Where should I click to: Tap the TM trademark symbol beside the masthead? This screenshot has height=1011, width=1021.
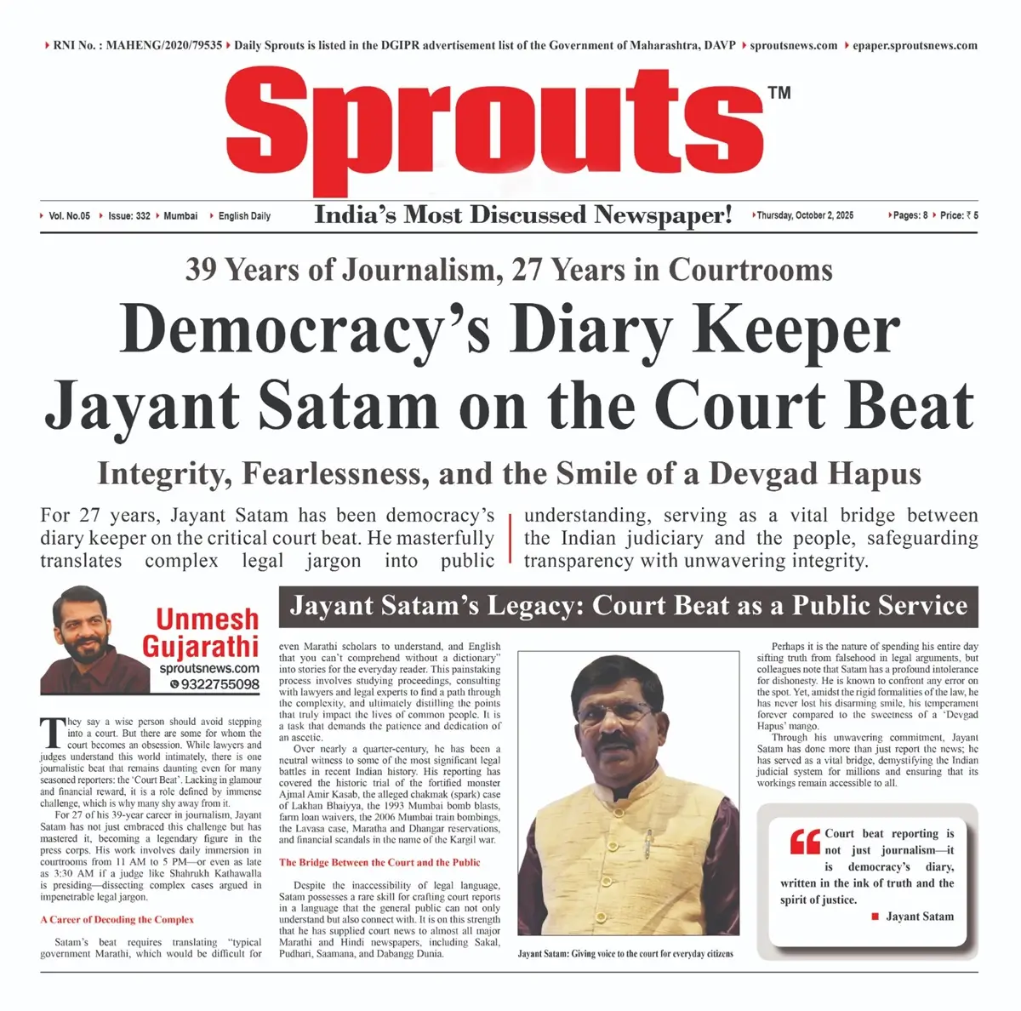(779, 93)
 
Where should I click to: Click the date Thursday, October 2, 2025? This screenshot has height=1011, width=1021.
(805, 215)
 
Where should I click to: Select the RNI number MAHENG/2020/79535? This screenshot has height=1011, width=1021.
(138, 46)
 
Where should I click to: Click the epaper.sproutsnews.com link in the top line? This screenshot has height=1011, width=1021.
(915, 46)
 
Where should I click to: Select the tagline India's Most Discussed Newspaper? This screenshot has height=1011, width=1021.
(523, 214)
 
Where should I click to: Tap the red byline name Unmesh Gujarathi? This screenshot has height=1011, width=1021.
(207, 632)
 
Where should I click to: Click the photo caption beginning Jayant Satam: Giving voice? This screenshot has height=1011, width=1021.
(625, 953)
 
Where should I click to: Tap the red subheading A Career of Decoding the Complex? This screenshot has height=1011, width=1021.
(117, 920)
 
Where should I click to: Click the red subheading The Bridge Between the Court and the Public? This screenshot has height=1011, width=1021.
(379, 862)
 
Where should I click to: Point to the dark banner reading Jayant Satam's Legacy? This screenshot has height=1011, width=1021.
(628, 606)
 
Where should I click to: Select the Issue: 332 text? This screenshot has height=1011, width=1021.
(129, 216)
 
